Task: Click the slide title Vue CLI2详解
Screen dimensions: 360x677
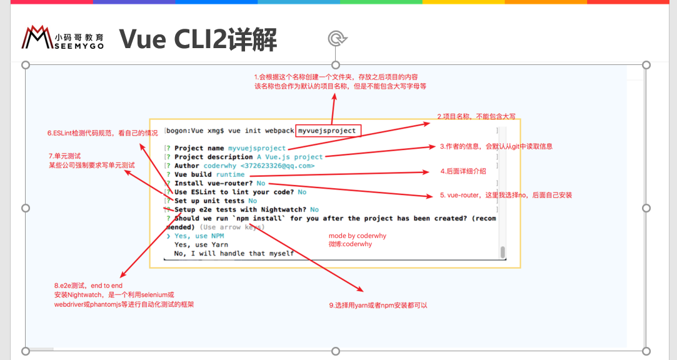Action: point(198,39)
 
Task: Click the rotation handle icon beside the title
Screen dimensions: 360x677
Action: point(336,39)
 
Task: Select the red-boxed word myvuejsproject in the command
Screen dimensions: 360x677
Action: point(327,131)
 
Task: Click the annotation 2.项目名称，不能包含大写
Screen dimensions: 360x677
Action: point(476,117)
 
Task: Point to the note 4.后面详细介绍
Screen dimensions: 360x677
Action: point(463,171)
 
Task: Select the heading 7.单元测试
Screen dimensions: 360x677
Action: point(65,156)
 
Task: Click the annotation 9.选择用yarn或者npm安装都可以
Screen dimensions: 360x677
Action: point(378,306)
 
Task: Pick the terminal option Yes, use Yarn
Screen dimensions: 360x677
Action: point(201,245)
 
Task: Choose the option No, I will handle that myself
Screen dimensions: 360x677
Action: point(234,254)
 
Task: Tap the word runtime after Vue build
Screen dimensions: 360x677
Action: point(230,175)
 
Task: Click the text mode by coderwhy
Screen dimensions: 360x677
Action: point(358,236)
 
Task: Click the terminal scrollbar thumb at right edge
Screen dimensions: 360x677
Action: point(502,252)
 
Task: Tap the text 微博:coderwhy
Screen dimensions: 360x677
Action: point(350,244)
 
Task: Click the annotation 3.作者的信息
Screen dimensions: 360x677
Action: point(496,147)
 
